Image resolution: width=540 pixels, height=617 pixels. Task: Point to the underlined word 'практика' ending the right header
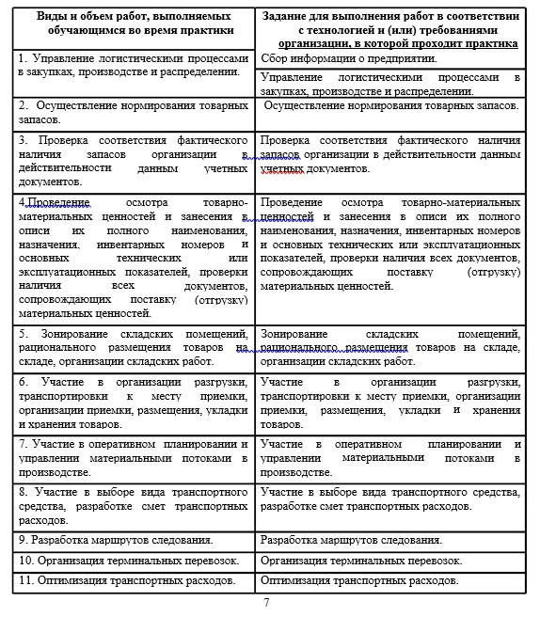coord(493,43)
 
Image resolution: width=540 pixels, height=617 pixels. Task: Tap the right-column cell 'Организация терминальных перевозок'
coord(361,561)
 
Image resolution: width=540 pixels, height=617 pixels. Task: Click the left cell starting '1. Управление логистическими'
coord(132,64)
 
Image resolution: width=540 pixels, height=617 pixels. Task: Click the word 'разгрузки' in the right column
coord(491,383)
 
